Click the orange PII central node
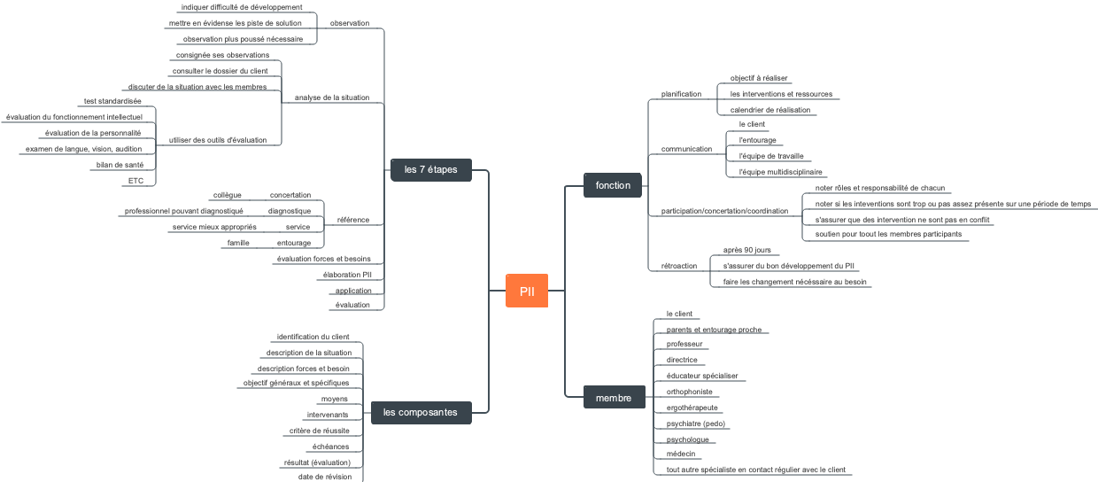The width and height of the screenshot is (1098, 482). [527, 291]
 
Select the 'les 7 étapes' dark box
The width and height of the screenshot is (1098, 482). [430, 169]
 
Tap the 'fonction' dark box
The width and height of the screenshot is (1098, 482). [613, 185]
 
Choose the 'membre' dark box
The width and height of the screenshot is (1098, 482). [613, 398]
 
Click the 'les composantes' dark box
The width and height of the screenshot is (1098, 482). [421, 412]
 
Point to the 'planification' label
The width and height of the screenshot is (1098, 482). [681, 94]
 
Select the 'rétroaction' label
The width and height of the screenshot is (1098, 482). [679, 266]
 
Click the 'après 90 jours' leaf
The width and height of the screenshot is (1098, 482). [746, 251]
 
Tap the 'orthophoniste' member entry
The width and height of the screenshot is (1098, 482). [689, 392]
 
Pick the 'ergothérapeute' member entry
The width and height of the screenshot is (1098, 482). [692, 408]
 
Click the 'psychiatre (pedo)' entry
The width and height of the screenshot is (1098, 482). [696, 424]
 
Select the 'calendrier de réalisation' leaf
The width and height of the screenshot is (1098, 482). [769, 110]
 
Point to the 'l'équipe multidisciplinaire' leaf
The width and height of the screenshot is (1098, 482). [780, 172]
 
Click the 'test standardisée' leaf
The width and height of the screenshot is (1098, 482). [112, 101]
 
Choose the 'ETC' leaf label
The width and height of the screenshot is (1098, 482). [135, 181]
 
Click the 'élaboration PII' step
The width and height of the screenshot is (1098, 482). [348, 275]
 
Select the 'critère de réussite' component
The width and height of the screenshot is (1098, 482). [319, 431]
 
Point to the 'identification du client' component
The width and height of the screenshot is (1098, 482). [313, 337]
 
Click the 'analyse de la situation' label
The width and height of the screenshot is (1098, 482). [332, 97]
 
